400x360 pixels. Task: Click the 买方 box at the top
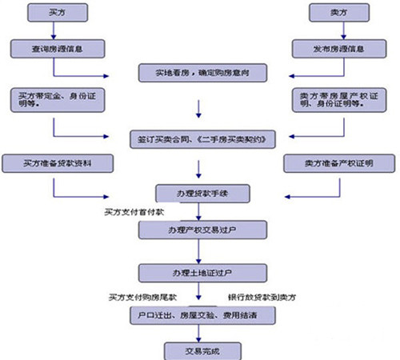[53, 13]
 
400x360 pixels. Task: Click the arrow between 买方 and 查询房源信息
[53, 30]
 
